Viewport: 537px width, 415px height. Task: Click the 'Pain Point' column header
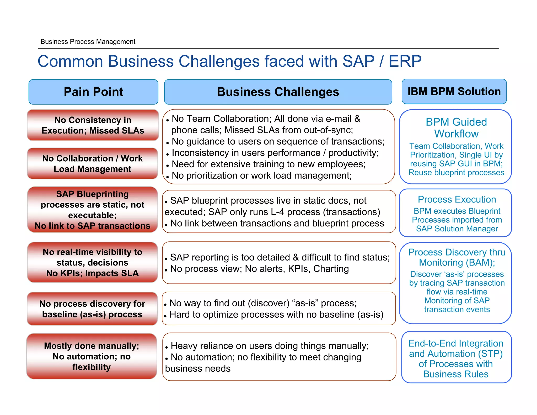(93, 92)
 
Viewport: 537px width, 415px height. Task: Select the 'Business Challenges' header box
(278, 92)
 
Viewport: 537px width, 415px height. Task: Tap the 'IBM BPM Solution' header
(454, 91)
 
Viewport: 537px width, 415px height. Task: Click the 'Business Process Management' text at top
(88, 41)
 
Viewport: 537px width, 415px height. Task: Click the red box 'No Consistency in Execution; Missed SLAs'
(93, 125)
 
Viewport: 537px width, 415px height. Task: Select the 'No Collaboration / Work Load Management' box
(93, 163)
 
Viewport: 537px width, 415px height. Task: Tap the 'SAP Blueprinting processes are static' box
(93, 210)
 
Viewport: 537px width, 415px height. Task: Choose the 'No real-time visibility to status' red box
(93, 262)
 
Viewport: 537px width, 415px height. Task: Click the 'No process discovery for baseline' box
(92, 309)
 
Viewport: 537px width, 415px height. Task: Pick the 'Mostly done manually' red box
(92, 356)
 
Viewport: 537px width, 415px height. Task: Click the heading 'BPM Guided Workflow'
(456, 128)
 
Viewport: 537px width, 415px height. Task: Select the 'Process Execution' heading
(457, 199)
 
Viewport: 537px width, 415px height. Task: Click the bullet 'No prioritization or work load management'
(261, 175)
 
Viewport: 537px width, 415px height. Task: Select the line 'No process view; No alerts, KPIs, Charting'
(259, 269)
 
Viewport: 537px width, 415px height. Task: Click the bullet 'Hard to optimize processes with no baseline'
(276, 314)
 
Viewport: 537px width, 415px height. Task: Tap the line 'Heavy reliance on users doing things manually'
(270, 346)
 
